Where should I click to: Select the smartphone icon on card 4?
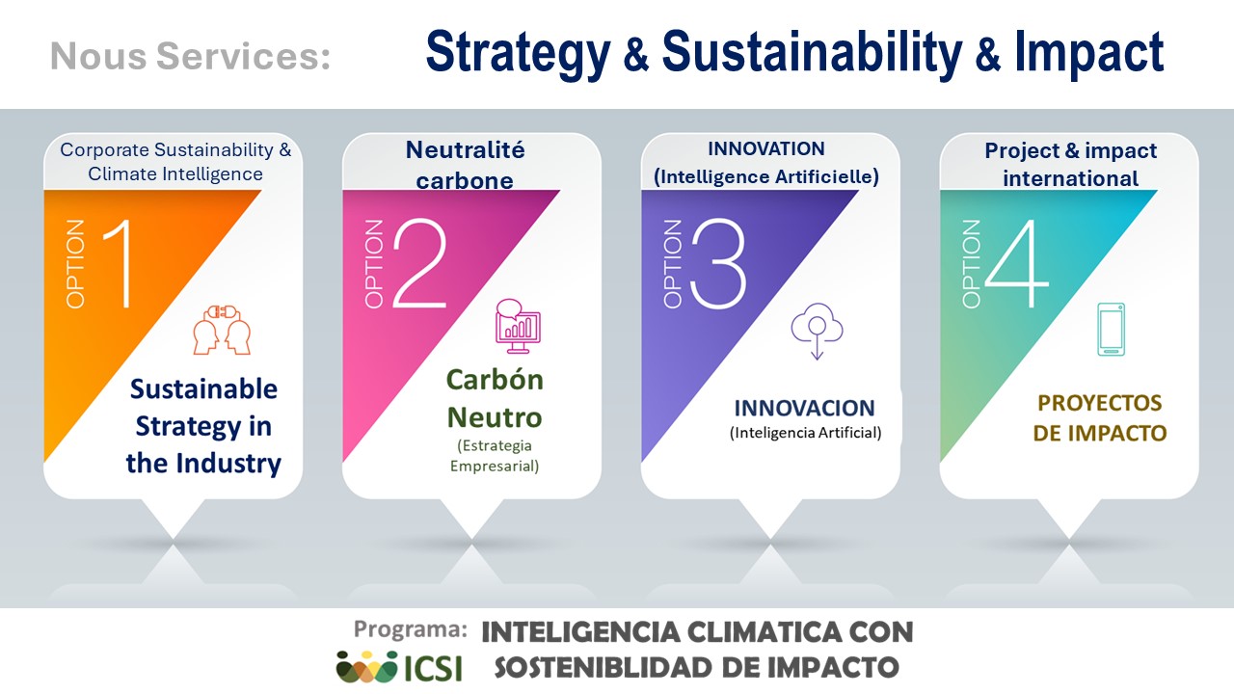pos(1112,330)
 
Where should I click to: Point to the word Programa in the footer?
pos(411,629)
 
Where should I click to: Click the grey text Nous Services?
pos(190,56)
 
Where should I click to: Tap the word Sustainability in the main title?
pos(811,53)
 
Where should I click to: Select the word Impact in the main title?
pos(1088,53)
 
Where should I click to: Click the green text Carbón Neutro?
pos(495,398)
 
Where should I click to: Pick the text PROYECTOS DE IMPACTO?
pos(1099,417)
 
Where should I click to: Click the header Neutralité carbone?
pos(465,165)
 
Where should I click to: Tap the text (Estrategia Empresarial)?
pos(495,456)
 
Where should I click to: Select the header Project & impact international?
pos(1070,165)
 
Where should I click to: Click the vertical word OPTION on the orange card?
pos(76,264)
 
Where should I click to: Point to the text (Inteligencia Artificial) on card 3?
pos(805,433)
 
